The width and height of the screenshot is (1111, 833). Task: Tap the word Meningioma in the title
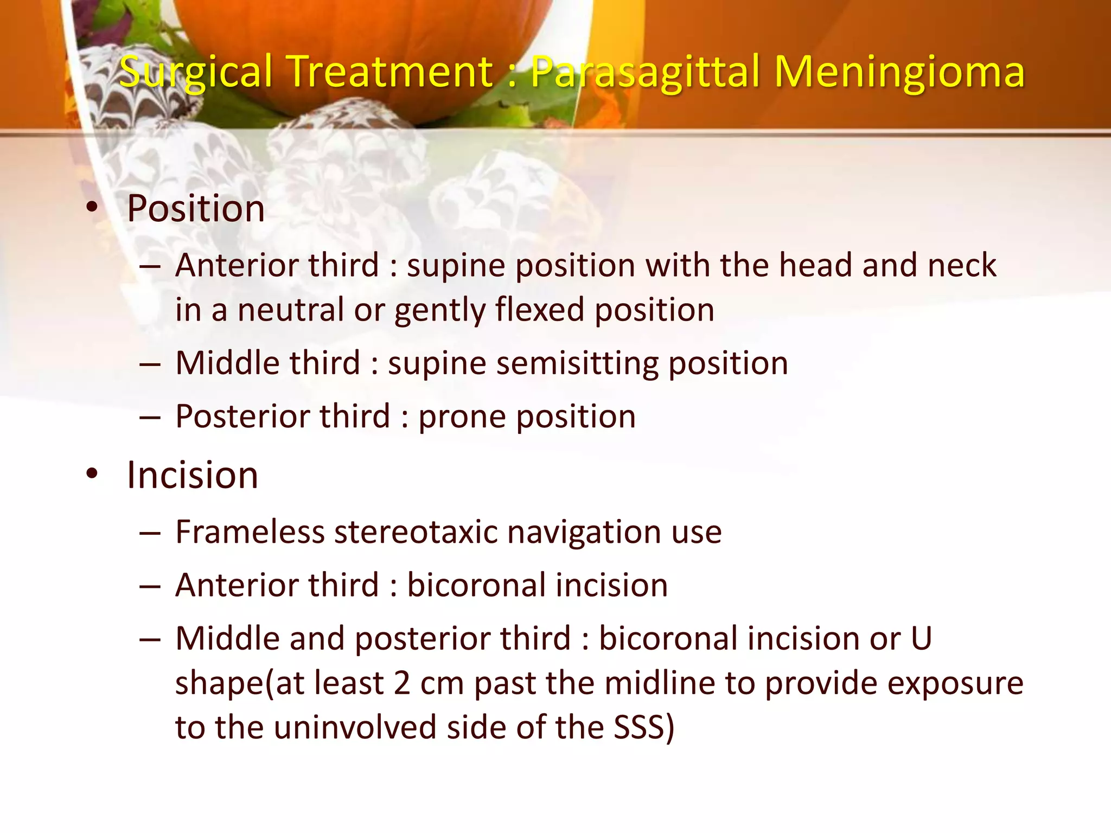[899, 72]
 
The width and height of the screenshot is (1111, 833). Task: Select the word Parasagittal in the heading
[646, 72]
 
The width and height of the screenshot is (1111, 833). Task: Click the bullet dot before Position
[92, 208]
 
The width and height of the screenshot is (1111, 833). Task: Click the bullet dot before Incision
[92, 474]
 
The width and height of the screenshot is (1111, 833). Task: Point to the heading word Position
[196, 209]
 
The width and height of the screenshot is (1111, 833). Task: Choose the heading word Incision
[193, 475]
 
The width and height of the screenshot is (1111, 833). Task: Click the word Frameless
[249, 531]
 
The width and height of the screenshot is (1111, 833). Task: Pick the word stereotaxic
[416, 531]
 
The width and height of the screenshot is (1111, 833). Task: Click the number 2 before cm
[402, 683]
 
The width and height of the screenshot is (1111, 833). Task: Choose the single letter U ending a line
[921, 638]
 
